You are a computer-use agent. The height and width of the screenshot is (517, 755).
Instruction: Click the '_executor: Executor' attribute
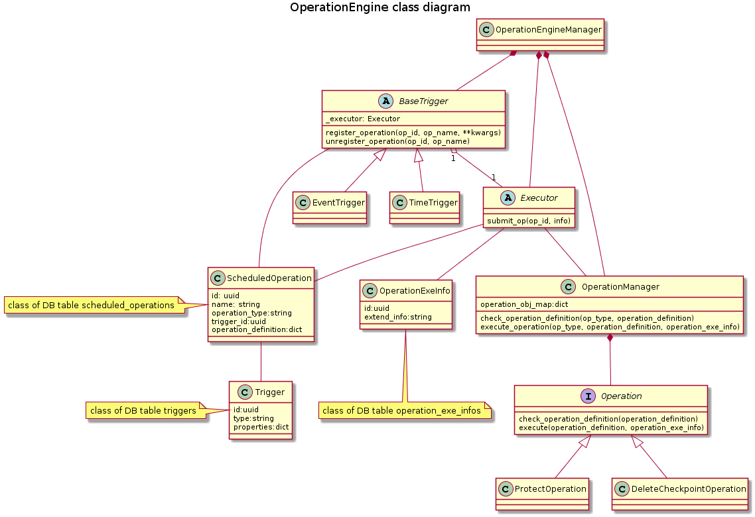coord(363,119)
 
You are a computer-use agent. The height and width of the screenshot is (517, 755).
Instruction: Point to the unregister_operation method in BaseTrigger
coord(398,141)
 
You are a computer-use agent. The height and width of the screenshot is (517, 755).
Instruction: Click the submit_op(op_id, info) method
coord(529,221)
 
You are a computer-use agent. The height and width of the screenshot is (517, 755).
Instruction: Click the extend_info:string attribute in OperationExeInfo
coord(398,317)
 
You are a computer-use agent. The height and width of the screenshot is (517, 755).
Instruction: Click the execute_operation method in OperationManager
coord(610,327)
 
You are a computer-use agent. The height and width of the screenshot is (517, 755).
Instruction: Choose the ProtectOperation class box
coord(542,493)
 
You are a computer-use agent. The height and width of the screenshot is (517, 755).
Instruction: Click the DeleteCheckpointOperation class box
coord(680,493)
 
